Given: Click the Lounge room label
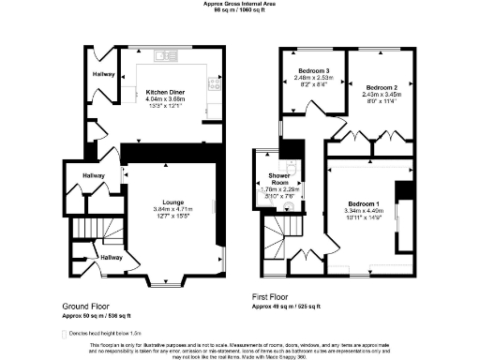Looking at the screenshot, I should (x=172, y=202).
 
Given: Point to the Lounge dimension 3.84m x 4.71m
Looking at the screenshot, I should (x=172, y=209).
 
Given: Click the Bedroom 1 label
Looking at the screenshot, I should (x=360, y=203).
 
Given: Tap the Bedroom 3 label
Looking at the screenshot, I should (x=313, y=71).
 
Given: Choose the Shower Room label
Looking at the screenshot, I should (x=278, y=179).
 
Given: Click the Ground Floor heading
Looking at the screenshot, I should (x=90, y=307).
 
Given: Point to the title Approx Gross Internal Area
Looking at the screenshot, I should (x=239, y=4).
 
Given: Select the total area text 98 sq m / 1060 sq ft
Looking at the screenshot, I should (x=239, y=10).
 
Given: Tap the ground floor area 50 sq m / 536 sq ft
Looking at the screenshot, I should (x=97, y=316).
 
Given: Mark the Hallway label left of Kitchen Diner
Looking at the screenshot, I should (x=103, y=72).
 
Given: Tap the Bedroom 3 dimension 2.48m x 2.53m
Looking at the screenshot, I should (x=313, y=78).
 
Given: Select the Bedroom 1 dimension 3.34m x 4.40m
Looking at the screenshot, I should (x=360, y=211).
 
